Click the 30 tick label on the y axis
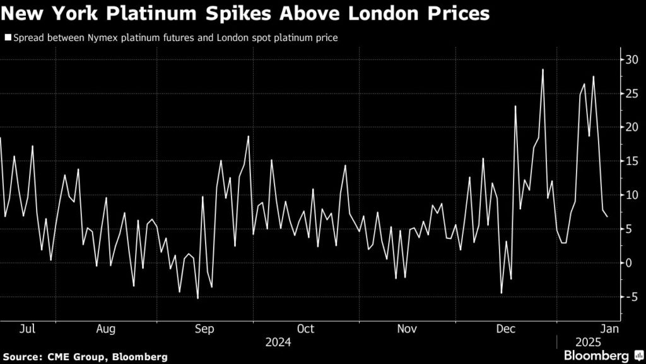631,59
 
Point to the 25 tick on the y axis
631,94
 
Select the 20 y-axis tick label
631,127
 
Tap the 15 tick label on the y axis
631,161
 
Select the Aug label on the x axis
106,329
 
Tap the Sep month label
205,329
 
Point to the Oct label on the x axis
306,329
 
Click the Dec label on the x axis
506,329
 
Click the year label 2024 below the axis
278,342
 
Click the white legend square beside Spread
8,38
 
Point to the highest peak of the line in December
543,70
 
